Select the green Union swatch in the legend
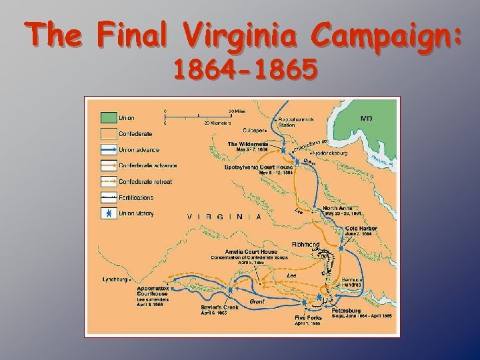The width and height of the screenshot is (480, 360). point(108,119)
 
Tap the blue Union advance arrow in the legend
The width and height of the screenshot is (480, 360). point(108,149)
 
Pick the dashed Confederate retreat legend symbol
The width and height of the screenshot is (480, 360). point(108,181)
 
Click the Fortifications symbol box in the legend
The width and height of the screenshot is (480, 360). point(108,198)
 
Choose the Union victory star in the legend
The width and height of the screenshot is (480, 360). point(108,214)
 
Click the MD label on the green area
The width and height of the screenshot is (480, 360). point(366,119)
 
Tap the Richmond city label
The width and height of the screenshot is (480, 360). point(306,245)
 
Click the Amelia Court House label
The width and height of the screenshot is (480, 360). point(251,251)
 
